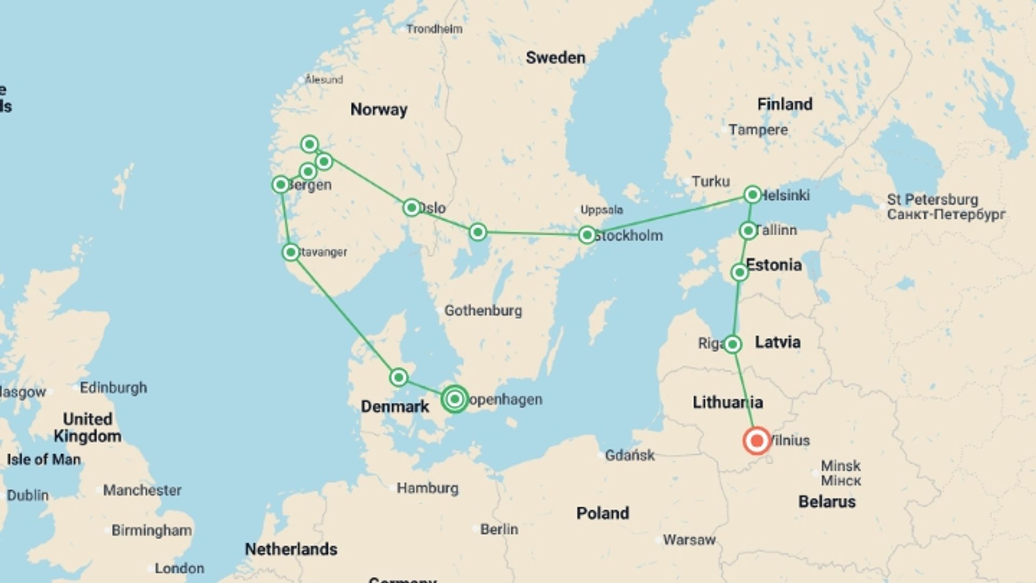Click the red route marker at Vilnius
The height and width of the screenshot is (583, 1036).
pyautogui.click(x=756, y=440)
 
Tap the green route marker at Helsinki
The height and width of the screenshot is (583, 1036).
pyautogui.click(x=752, y=194)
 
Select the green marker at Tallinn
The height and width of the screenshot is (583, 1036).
pyautogui.click(x=748, y=231)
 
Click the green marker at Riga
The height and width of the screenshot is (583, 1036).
pyautogui.click(x=732, y=344)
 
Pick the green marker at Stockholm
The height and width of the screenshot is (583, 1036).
pyautogui.click(x=587, y=235)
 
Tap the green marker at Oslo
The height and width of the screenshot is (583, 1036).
pyautogui.click(x=412, y=207)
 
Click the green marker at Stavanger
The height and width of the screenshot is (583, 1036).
pyautogui.click(x=291, y=252)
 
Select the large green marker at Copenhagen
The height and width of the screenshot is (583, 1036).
pyautogui.click(x=455, y=399)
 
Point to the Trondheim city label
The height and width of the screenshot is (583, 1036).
pyautogui.click(x=434, y=29)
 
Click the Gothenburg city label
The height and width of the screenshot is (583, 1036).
pyautogui.click(x=483, y=310)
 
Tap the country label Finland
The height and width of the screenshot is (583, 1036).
pyautogui.click(x=785, y=104)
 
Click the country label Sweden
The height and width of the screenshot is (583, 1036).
pyautogui.click(x=555, y=58)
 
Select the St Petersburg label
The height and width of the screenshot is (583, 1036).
pyautogui.click(x=932, y=200)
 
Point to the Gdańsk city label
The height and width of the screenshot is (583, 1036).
pyautogui.click(x=630, y=456)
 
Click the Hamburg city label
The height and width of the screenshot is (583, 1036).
pyautogui.click(x=427, y=489)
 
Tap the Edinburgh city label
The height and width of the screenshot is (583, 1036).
pyautogui.click(x=113, y=388)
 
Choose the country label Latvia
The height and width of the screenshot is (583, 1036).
pyautogui.click(x=777, y=342)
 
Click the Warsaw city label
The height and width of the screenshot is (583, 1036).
pyautogui.click(x=689, y=540)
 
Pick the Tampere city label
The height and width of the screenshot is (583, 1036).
pyautogui.click(x=758, y=130)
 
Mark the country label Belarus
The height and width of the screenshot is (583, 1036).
pyautogui.click(x=827, y=501)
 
